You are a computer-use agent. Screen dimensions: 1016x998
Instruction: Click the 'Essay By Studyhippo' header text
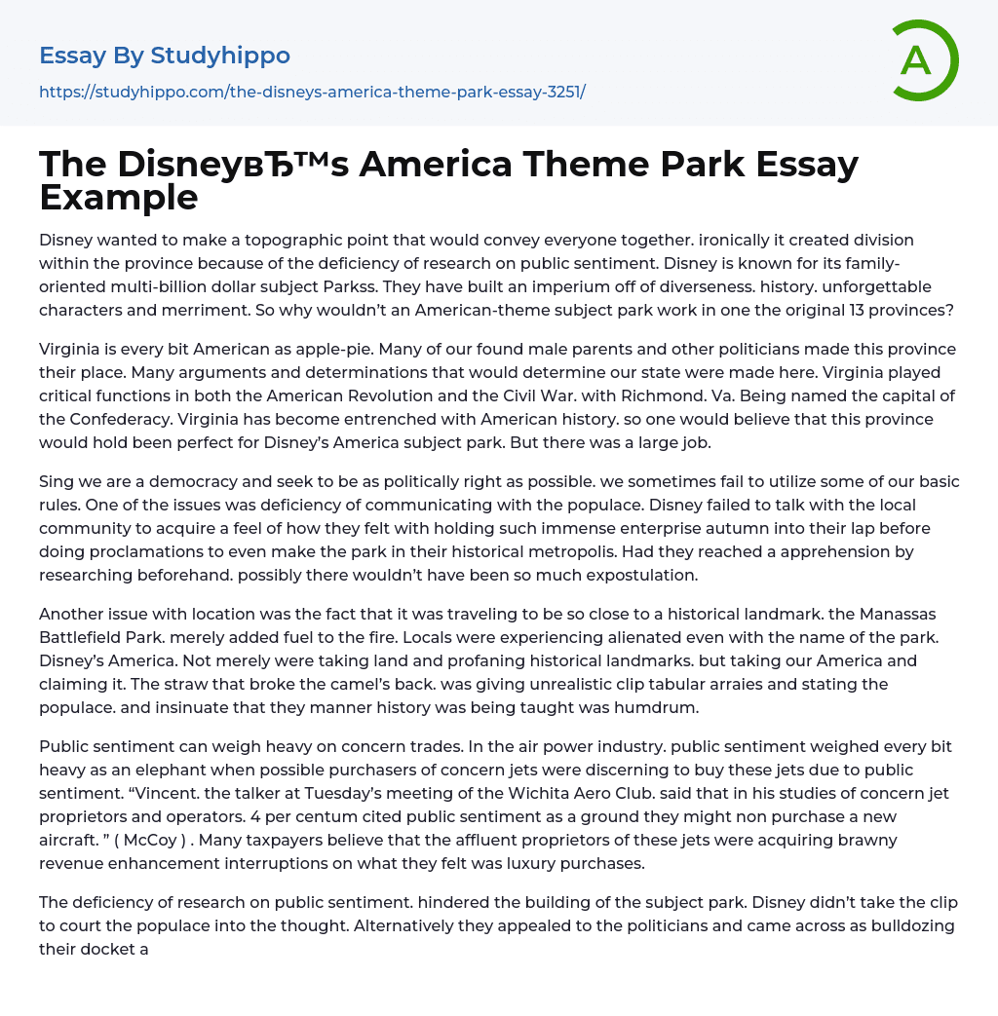(165, 56)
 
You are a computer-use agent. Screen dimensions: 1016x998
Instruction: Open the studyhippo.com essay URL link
(312, 93)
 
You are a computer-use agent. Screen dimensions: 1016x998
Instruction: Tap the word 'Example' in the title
(119, 197)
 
